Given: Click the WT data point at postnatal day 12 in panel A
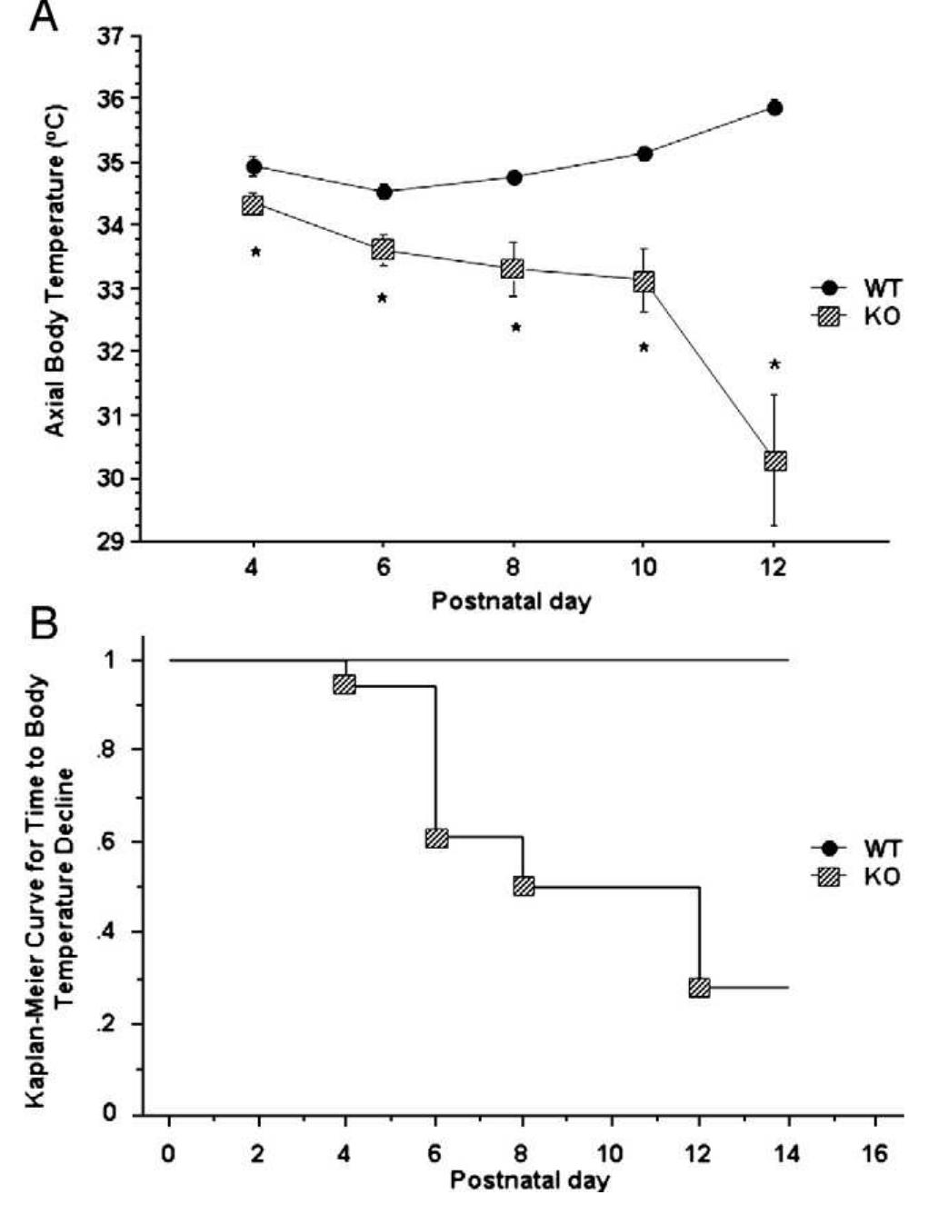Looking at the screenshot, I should (x=774, y=107).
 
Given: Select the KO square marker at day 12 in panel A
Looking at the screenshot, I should (x=774, y=461).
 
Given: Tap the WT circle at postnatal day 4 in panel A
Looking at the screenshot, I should (x=254, y=166).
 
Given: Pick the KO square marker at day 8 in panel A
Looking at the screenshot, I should (x=513, y=269).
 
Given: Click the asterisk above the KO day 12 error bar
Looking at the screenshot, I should (x=774, y=365).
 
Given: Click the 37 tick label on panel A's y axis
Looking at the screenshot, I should (x=111, y=38).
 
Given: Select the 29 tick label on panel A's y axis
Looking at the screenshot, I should (x=111, y=542).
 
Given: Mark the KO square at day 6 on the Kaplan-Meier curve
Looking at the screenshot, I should (x=436, y=838).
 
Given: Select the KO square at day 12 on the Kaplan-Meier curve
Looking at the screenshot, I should (x=699, y=988).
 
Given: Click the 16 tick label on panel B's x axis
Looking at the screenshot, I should (x=875, y=1154).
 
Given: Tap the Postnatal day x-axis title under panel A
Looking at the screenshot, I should (x=511, y=602).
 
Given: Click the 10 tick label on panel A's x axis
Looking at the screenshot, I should (x=643, y=570).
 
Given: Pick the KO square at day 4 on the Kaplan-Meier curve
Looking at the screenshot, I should (x=345, y=684).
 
